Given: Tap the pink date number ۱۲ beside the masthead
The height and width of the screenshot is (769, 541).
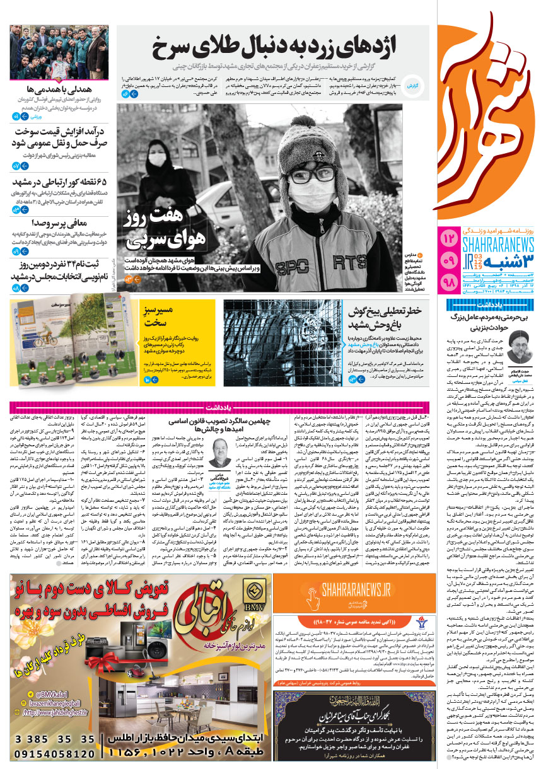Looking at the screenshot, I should pos(450,238).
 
